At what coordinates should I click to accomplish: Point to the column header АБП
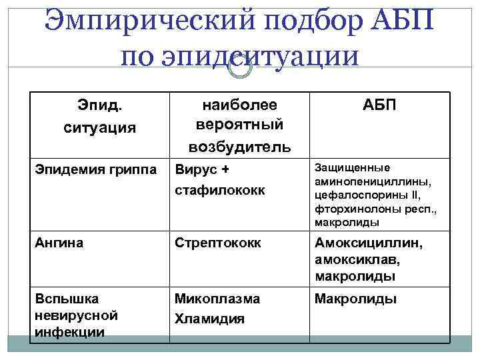(x=379, y=105)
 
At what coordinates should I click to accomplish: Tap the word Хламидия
(x=209, y=319)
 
